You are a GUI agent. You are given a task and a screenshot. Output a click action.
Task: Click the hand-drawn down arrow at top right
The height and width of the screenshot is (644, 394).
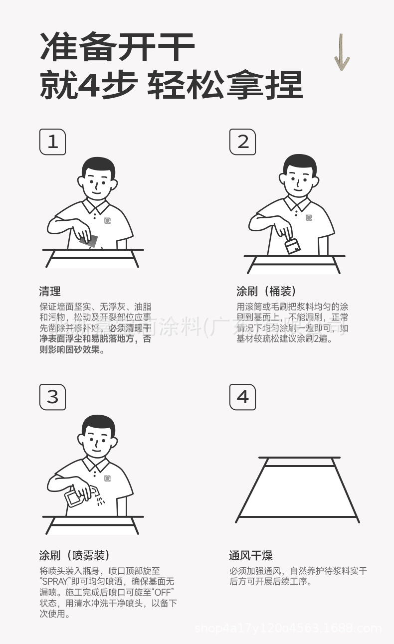pyautogui.click(x=342, y=53)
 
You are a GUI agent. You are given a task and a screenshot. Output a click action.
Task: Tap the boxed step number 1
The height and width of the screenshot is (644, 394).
pyautogui.click(x=52, y=142)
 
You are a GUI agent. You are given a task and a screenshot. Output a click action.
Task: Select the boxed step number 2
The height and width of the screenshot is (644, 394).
pyautogui.click(x=243, y=142)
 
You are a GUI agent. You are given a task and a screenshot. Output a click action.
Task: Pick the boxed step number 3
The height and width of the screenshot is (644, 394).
pyautogui.click(x=52, y=397)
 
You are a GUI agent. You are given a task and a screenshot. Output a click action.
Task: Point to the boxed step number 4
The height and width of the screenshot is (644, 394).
pyautogui.click(x=243, y=397)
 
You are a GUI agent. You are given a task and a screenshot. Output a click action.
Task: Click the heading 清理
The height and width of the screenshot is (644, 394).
pyautogui.click(x=50, y=292)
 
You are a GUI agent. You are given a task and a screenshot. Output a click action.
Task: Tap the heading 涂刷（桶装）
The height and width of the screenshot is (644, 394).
pyautogui.click(x=267, y=292)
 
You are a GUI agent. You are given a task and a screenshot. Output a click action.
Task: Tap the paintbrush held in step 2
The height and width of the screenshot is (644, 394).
pyautogui.click(x=292, y=245)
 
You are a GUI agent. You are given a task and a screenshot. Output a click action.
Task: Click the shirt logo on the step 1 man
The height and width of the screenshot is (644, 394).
pyautogui.click(x=107, y=220)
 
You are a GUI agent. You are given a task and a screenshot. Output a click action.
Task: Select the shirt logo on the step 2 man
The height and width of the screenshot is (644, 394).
pyautogui.click(x=309, y=218)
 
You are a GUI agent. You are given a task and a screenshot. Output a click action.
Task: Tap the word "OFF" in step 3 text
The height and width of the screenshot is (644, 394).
pyautogui.click(x=162, y=592)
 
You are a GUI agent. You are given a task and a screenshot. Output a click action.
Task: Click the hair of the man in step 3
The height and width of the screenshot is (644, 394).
pyautogui.click(x=99, y=424)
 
